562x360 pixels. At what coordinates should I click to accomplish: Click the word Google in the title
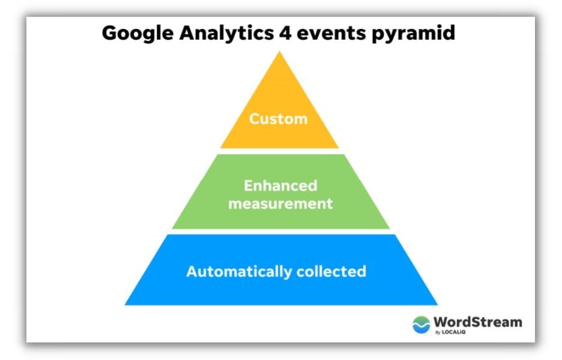(x=134, y=33)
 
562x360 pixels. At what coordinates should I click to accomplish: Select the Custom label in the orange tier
(x=279, y=119)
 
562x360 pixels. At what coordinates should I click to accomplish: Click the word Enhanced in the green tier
(x=280, y=185)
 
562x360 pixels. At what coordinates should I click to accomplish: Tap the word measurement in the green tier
(x=280, y=203)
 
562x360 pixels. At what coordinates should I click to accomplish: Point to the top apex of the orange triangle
(x=279, y=52)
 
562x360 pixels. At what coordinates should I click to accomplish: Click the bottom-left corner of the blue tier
(x=125, y=304)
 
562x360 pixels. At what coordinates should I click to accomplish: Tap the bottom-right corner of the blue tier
(x=437, y=304)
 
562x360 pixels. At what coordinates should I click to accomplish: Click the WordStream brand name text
(x=477, y=322)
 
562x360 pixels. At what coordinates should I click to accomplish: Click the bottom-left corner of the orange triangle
(x=221, y=147)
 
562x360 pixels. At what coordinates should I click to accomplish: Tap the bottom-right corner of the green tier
(x=389, y=228)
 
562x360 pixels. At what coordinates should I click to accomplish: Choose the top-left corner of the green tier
(x=217, y=155)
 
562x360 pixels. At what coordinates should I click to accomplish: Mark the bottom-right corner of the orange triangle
(x=338, y=147)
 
